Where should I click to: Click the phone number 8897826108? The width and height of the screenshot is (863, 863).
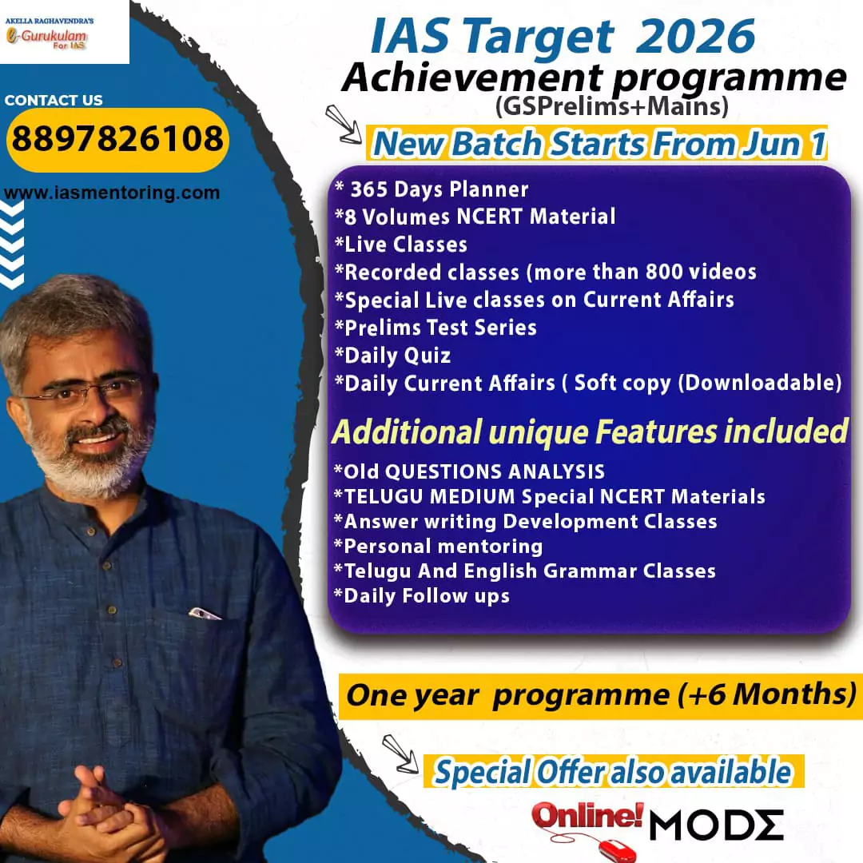coord(117,138)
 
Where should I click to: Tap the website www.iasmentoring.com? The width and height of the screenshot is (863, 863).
coord(112,193)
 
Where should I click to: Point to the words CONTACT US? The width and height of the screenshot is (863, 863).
coord(54,100)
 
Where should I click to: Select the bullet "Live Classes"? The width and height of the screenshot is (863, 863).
coord(401,245)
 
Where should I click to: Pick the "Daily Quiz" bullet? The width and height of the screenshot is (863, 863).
coord(393,356)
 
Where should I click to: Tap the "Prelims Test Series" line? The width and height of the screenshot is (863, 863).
coord(435,328)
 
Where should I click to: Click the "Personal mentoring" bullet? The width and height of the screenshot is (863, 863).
coord(438,547)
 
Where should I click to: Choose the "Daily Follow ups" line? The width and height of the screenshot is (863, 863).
coord(422,596)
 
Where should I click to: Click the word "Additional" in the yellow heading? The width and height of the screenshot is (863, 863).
coord(408,431)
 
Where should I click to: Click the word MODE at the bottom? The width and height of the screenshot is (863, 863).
coord(716,825)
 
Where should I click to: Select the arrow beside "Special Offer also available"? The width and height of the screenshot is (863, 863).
coord(400,754)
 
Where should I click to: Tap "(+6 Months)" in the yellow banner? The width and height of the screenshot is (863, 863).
coord(767,694)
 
